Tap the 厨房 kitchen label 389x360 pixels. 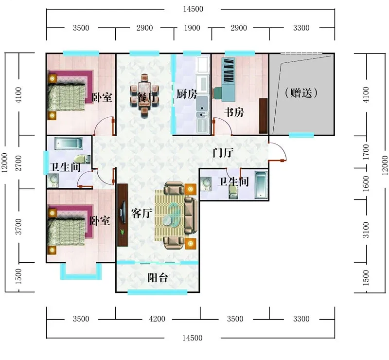point(187,94)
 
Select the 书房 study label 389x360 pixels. point(234,112)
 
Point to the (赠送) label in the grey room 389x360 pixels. point(301,93)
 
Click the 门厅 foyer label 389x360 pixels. point(223,152)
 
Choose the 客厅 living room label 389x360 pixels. point(141,213)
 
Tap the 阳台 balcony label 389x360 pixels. point(158,278)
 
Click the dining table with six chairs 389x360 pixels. point(144,95)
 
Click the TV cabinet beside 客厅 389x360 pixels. point(123,215)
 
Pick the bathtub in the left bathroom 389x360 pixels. point(69,144)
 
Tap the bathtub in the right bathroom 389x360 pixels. point(261,185)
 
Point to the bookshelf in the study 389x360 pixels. point(228,71)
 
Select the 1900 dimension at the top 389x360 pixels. point(192,28)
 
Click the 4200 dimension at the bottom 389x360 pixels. point(157,319)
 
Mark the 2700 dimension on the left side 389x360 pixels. point(18,163)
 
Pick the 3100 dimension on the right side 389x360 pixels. point(366,230)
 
